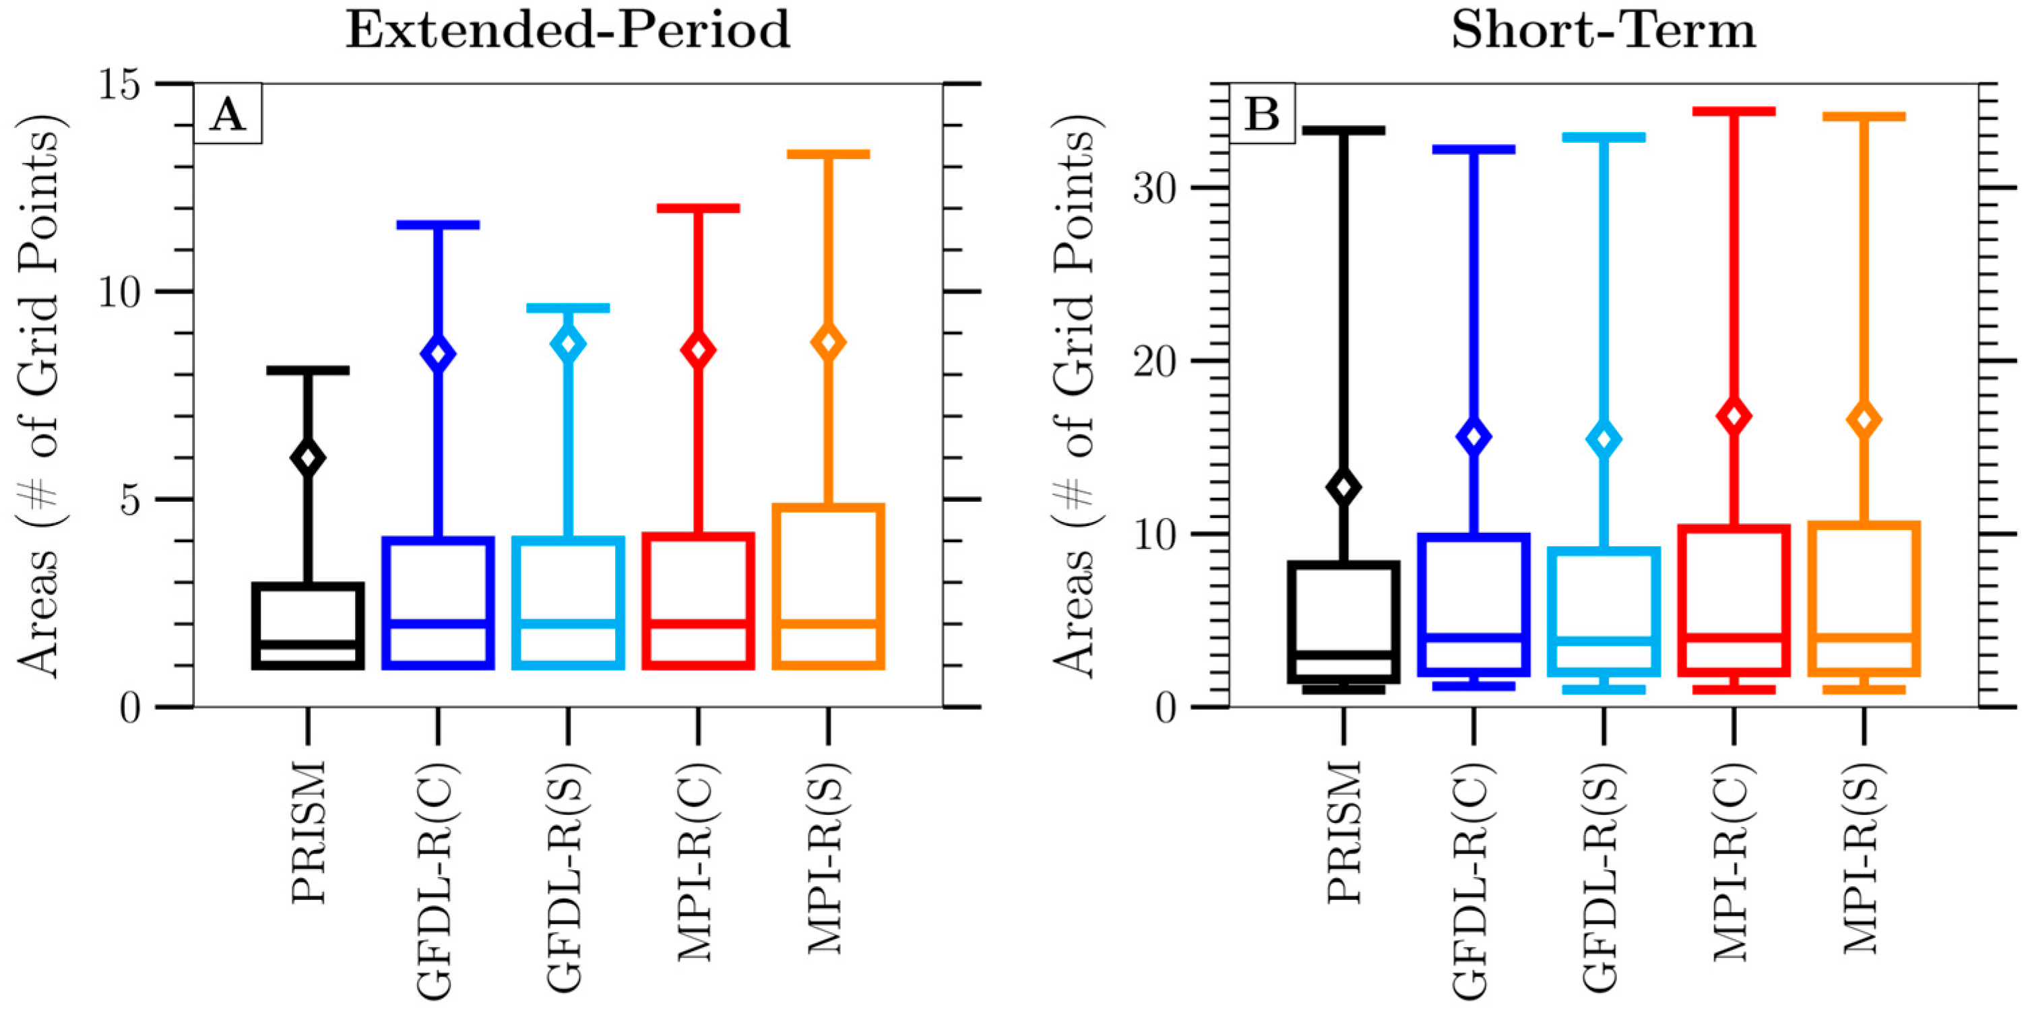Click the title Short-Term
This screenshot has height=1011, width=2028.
pos(1604,32)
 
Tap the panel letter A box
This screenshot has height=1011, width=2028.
pos(228,116)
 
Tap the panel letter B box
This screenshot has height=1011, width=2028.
pos(1262,116)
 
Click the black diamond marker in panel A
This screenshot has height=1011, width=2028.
pos(308,458)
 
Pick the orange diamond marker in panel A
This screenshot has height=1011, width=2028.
pos(828,342)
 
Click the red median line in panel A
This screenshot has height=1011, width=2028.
pos(698,623)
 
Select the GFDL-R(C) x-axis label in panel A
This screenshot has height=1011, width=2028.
pos(438,880)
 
